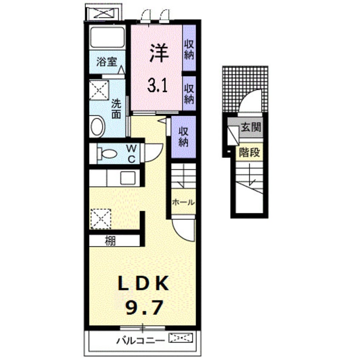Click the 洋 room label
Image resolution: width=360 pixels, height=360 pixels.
coord(159,53)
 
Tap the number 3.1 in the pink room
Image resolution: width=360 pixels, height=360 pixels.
coord(157,85)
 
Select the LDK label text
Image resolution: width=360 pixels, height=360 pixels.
coord(143,283)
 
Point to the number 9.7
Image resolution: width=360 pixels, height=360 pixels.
coord(144,307)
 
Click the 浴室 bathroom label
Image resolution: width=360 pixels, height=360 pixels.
coord(107,62)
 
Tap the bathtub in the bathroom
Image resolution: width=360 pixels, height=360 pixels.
coord(107,37)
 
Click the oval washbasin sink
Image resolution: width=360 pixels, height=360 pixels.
coord(98,126)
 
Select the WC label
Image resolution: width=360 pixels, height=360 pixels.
coord(131,153)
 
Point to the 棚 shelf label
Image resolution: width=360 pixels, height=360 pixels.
coord(110,241)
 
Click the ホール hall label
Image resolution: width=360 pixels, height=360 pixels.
coord(183,202)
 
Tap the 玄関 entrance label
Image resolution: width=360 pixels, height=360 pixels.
coord(251,127)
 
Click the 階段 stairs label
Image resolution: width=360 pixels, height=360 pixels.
coord(249,152)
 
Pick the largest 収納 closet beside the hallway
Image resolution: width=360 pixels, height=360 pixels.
coord(183,137)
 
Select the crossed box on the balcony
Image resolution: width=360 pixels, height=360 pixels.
coord(181,338)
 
